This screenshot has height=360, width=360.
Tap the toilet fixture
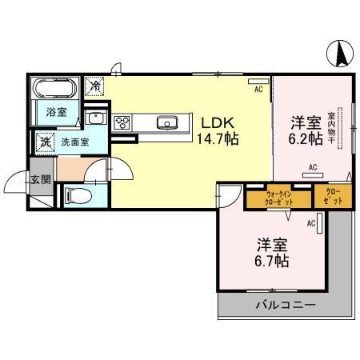point(77,194)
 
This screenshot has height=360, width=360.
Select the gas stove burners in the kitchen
point(123,122)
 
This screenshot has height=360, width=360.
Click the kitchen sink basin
point(168,122)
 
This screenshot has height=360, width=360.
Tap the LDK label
point(215,123)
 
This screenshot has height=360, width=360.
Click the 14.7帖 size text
point(217,138)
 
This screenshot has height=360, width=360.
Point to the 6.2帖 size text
point(305,138)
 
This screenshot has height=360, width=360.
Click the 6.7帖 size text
point(271,261)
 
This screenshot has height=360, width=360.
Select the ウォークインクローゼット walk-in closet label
point(278,197)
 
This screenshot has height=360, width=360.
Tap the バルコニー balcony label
point(286,306)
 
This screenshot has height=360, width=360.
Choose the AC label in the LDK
point(258,90)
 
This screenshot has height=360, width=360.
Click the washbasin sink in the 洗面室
point(94,119)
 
